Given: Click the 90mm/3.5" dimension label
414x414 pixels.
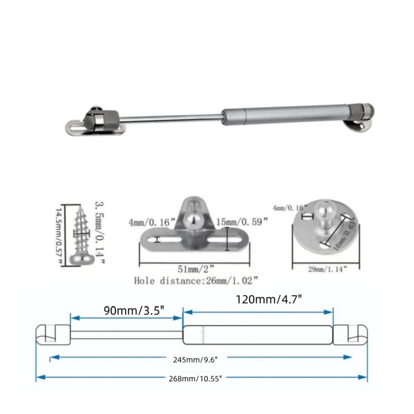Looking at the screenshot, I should click(x=134, y=311).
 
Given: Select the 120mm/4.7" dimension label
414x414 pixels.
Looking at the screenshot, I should click(x=268, y=300).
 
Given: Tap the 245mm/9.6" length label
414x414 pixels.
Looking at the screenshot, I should click(x=195, y=359).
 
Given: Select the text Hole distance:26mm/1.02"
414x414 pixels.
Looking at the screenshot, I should click(x=196, y=281).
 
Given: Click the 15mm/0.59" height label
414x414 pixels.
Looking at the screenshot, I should click(x=242, y=222).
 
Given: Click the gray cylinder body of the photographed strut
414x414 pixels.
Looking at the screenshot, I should click(x=286, y=114).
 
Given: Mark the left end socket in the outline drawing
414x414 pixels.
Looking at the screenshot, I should click(x=53, y=334).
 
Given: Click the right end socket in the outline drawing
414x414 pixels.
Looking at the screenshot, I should click(x=350, y=334).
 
